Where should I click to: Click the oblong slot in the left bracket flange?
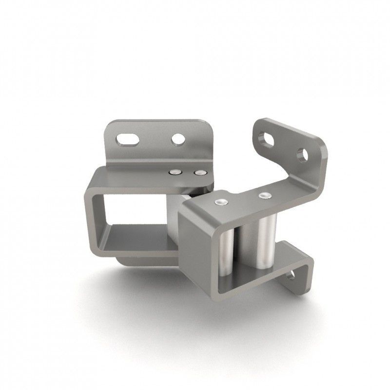[x=128, y=139]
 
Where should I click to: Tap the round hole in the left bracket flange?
[x=178, y=139]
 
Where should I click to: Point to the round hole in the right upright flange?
[x=302, y=155]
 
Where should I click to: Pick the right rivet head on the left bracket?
[x=199, y=172]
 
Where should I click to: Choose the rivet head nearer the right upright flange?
[x=264, y=195]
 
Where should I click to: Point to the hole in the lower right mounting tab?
[x=291, y=276]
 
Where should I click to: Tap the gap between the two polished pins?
[x=247, y=244]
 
